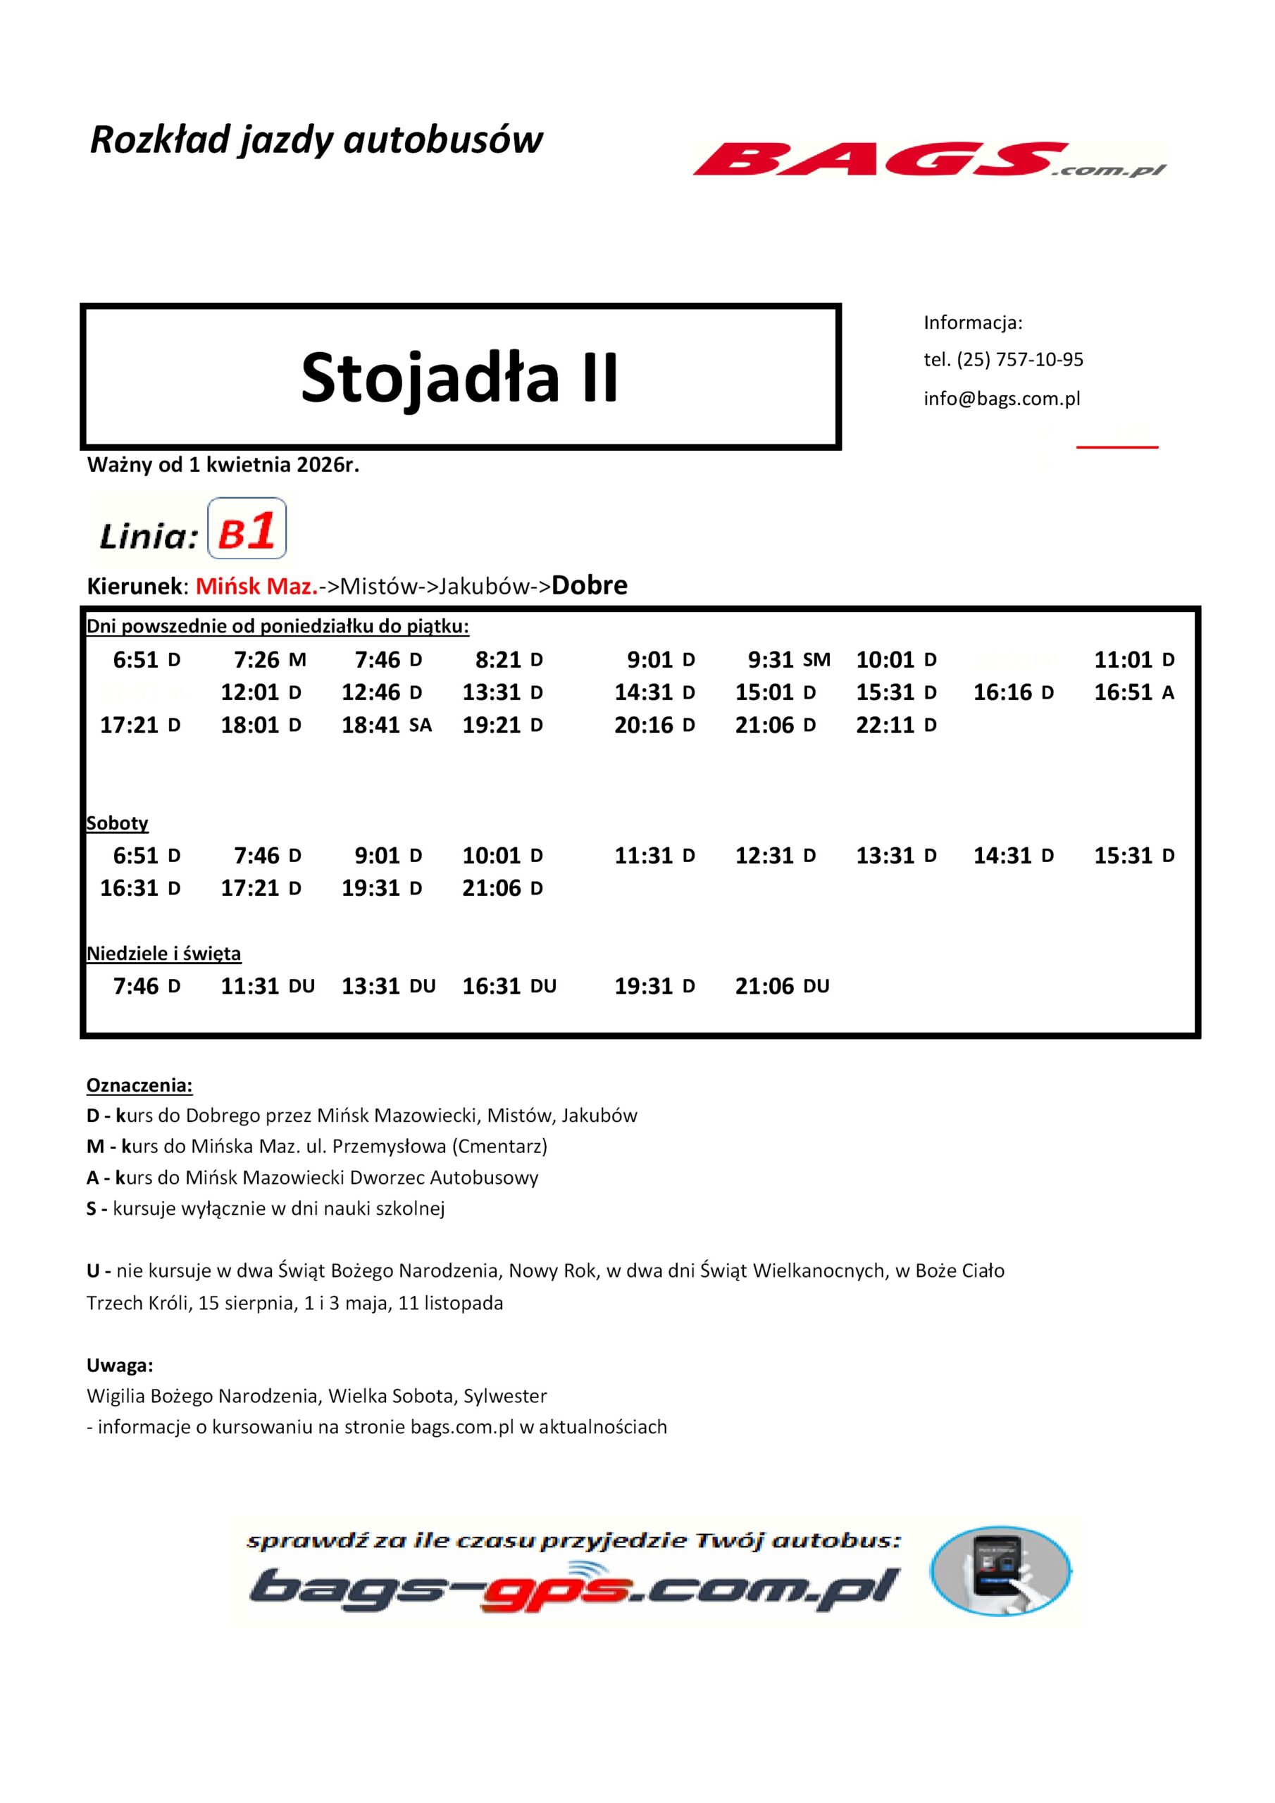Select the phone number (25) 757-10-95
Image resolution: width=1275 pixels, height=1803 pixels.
point(1020,360)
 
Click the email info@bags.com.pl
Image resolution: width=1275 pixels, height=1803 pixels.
point(1002,398)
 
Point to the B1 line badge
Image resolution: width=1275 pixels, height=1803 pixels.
point(247,529)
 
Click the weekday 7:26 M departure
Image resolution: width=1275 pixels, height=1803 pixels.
point(270,660)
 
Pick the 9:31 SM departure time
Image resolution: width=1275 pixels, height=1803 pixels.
point(788,660)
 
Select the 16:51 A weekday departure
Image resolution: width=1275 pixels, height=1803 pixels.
point(1133,692)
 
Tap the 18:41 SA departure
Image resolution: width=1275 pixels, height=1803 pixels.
point(386,725)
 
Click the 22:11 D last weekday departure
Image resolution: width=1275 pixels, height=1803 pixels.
point(895,725)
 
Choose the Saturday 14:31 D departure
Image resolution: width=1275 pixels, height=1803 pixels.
point(1013,855)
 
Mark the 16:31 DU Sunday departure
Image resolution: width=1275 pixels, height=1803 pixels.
point(509,985)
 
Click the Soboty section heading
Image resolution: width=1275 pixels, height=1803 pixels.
point(117,823)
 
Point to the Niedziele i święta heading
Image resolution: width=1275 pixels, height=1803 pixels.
point(163,954)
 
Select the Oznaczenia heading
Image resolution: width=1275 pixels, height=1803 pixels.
point(139,1086)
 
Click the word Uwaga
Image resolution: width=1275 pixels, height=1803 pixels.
point(120,1366)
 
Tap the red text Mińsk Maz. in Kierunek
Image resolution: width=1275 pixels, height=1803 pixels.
point(257,587)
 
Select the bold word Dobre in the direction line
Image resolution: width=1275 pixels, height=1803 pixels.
point(589,585)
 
